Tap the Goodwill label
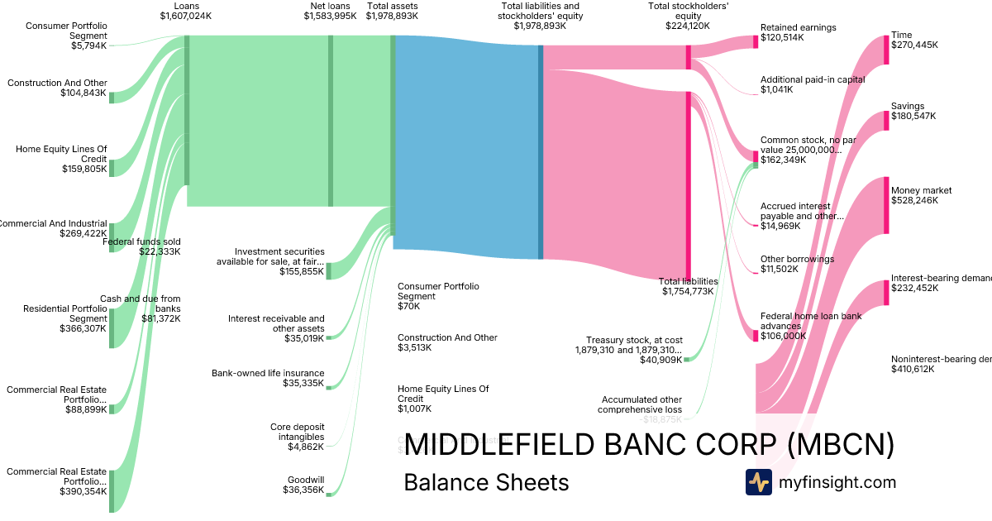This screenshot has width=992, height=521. click(x=306, y=480)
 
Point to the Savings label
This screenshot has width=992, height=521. click(x=908, y=106)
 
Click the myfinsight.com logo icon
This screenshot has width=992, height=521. click(x=758, y=482)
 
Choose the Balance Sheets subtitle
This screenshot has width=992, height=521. click(x=486, y=482)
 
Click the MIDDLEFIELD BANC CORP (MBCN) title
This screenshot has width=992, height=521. click(x=649, y=444)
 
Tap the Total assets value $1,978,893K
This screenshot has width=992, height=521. click(x=392, y=16)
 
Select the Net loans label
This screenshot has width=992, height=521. click(x=330, y=6)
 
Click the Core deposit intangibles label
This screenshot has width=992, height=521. click(x=297, y=432)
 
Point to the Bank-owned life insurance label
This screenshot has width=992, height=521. click(x=268, y=373)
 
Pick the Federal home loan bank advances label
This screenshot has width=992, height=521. click(x=799, y=321)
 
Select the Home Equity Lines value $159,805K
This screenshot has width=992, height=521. click(x=84, y=169)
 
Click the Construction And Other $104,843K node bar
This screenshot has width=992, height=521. click(x=112, y=97)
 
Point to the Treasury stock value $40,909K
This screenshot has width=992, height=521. click(x=661, y=361)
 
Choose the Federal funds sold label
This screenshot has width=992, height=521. click(x=141, y=241)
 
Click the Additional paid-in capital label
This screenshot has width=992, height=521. click(x=813, y=79)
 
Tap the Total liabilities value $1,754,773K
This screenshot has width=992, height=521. click(x=687, y=291)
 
